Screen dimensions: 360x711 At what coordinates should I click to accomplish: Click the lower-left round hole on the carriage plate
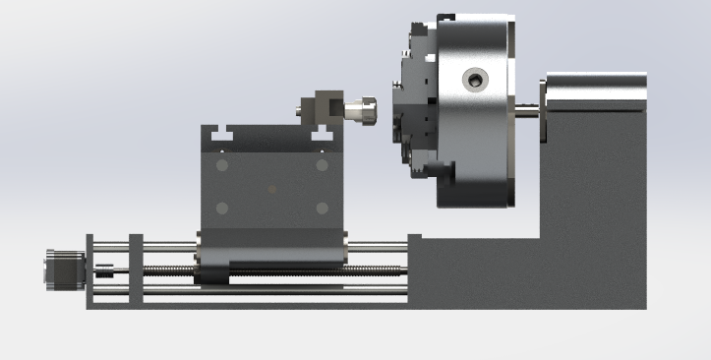click(221, 209)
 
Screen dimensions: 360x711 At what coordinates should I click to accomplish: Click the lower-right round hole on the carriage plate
click(322, 208)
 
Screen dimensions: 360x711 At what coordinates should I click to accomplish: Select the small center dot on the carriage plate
click(272, 188)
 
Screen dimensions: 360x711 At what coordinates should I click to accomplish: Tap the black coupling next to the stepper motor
click(101, 268)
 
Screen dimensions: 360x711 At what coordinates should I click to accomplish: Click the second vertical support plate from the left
click(136, 270)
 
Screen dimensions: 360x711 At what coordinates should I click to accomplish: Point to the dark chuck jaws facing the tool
click(404, 108)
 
